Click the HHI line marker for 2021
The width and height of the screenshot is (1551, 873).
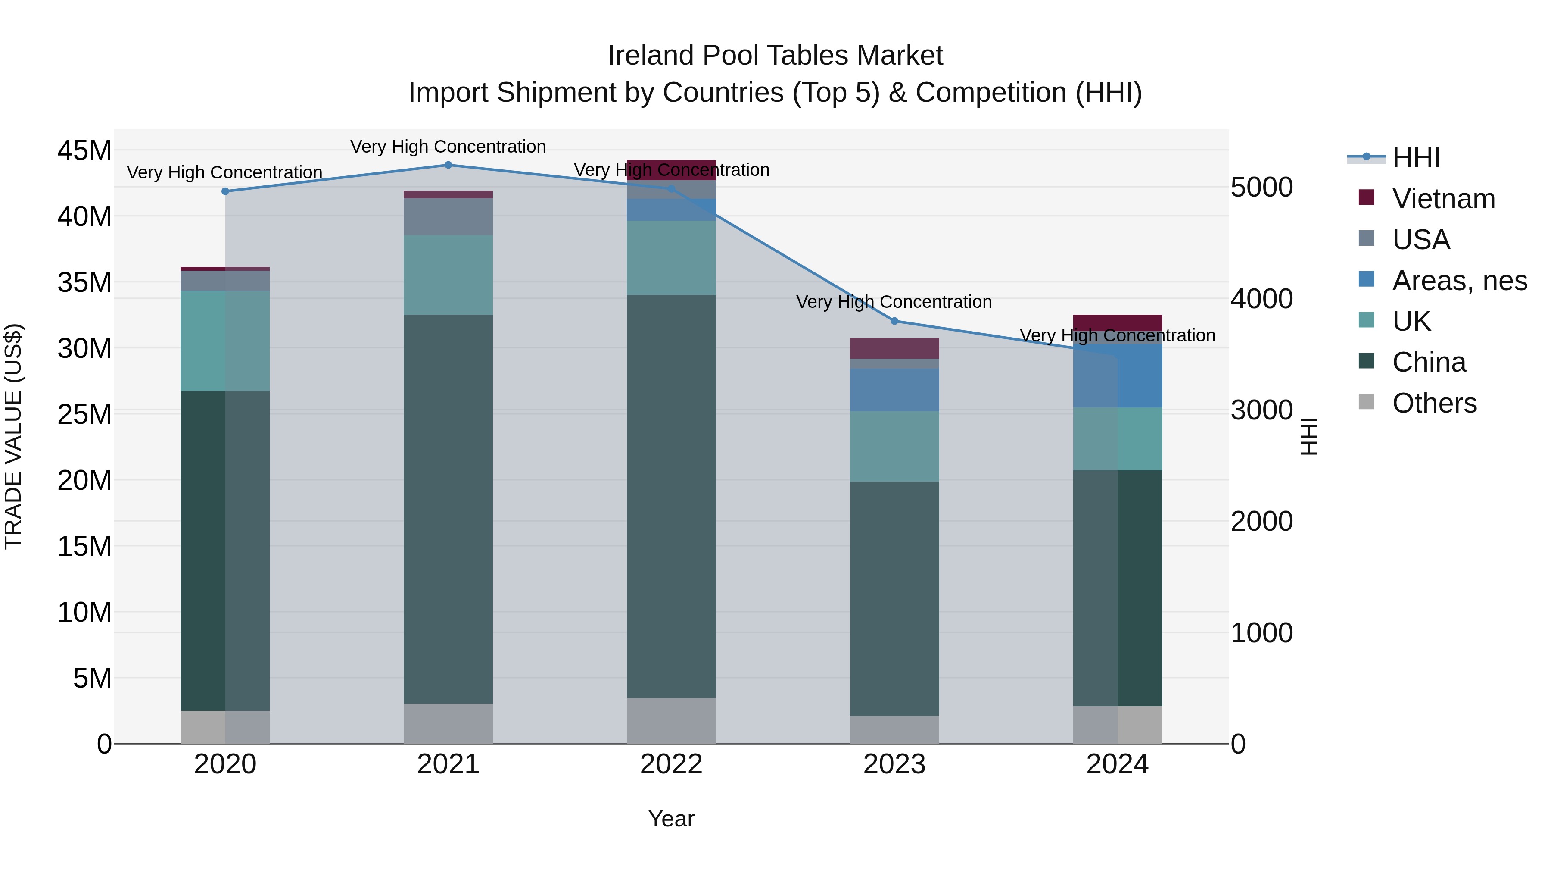[448, 165]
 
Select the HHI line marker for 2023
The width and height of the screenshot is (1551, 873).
[894, 321]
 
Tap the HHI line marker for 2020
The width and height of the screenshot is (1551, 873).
[225, 191]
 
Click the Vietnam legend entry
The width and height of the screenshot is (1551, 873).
[1443, 199]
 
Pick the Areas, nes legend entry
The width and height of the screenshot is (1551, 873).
[1459, 281]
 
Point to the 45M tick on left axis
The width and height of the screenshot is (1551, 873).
[84, 150]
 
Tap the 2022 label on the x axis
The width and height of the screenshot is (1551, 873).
[671, 764]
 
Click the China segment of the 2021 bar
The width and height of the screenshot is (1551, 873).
[448, 509]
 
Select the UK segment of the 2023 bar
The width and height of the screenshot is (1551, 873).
[894, 447]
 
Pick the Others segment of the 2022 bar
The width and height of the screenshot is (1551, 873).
[671, 720]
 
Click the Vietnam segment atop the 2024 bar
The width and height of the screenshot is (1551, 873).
[1118, 322]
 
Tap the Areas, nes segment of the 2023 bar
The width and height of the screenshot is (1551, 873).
[894, 390]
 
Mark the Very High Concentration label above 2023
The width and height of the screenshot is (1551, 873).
[894, 302]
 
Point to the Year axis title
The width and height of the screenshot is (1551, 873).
[671, 819]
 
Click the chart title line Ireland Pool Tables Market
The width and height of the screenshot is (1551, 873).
[775, 56]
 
